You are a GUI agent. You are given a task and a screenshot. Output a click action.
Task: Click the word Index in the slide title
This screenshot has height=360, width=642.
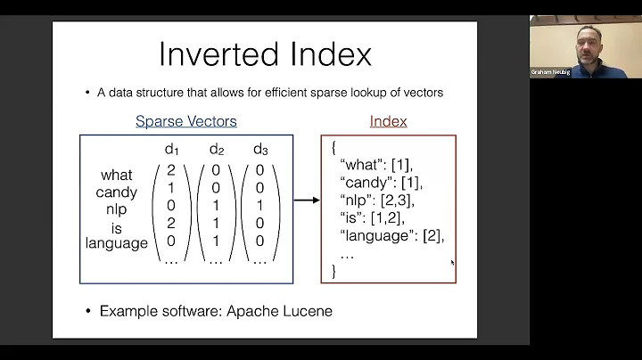tap(325, 54)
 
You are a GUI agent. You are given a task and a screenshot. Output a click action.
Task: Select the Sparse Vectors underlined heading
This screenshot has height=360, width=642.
tap(185, 121)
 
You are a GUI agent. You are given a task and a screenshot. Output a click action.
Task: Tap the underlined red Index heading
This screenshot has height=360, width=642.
tap(388, 121)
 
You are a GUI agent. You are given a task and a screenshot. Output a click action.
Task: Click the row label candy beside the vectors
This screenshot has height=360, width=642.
tap(116, 192)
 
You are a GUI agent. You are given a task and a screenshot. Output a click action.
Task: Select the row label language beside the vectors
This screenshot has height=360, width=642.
tap(116, 243)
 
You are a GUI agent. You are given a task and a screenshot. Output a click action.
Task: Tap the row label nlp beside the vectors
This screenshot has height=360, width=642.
tap(116, 209)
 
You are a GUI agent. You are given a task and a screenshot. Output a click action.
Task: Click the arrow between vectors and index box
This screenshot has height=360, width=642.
tap(306, 200)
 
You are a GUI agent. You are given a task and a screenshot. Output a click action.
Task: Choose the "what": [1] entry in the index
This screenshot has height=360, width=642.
tap(380, 165)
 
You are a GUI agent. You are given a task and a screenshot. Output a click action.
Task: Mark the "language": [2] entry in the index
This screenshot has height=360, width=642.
tap(391, 235)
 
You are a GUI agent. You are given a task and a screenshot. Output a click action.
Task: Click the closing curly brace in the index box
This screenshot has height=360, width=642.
tap(333, 271)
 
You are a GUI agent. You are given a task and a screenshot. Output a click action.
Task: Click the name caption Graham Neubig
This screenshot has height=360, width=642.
tap(550, 72)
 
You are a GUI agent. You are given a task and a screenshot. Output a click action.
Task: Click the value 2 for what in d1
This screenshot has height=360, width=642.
tap(171, 169)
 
